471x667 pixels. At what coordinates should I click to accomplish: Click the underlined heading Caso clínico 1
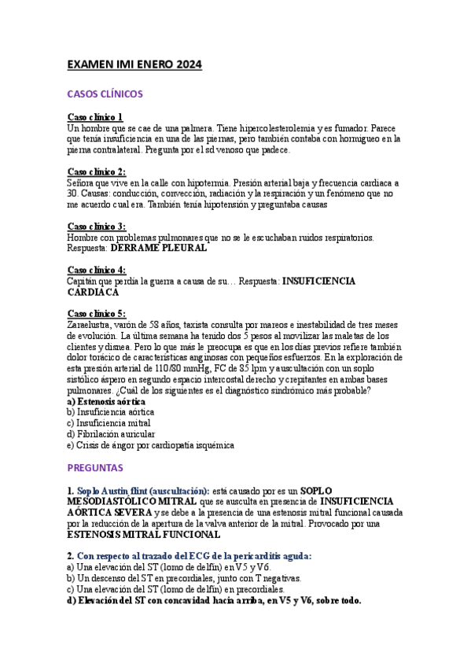coord(95,117)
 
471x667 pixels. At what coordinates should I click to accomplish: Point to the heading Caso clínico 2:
coord(97,171)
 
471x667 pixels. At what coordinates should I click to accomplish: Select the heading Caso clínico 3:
coord(97,226)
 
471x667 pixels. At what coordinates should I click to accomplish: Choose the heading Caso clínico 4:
coord(97,269)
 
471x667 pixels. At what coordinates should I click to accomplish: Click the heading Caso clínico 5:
coord(97,313)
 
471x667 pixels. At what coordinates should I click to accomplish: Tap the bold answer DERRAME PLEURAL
coord(159,248)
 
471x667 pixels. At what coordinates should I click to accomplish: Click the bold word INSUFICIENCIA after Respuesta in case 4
coord(318,281)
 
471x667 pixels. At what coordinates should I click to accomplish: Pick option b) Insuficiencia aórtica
coord(111,411)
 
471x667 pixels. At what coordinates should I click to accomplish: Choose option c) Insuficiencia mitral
coord(109,422)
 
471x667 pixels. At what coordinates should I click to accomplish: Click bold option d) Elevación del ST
coord(214,600)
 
